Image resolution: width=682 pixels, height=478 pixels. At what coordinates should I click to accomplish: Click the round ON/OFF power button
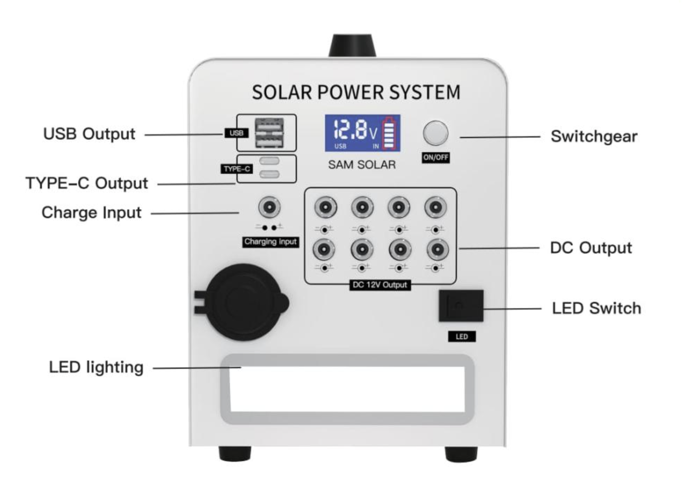pos(435,133)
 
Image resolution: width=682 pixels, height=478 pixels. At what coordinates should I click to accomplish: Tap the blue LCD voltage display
pos(362,133)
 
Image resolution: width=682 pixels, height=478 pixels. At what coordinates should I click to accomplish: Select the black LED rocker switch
pos(461,306)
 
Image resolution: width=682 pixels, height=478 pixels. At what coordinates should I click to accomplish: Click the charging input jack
pos(269,207)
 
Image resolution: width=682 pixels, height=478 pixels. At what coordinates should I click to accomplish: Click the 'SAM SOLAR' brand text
pos(362,165)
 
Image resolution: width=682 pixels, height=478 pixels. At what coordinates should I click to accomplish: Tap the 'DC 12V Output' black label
pos(380,285)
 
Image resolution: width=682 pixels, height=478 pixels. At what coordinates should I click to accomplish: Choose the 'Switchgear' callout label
pos(594,136)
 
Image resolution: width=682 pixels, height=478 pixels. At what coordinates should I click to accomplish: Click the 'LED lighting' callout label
pos(96,367)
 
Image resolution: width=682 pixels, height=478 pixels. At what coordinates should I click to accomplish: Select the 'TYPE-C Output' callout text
pos(87,183)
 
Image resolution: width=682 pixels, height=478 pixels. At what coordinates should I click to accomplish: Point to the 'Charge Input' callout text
pos(91,213)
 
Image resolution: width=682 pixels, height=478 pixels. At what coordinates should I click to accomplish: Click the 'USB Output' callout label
pos(89,134)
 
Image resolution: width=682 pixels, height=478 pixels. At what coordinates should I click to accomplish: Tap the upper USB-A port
pos(269,126)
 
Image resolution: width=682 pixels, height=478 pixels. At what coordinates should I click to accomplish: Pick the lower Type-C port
pos(269,174)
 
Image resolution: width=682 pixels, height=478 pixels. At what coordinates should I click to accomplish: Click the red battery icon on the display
pos(390,133)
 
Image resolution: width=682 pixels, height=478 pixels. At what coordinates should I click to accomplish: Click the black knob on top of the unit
pos(352,46)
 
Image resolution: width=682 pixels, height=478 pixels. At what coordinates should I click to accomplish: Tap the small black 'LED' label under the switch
pos(461,337)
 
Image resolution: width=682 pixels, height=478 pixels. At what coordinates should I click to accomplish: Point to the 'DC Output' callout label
pos(591,248)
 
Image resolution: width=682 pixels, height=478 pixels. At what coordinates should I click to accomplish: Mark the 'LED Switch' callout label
pos(597,309)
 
